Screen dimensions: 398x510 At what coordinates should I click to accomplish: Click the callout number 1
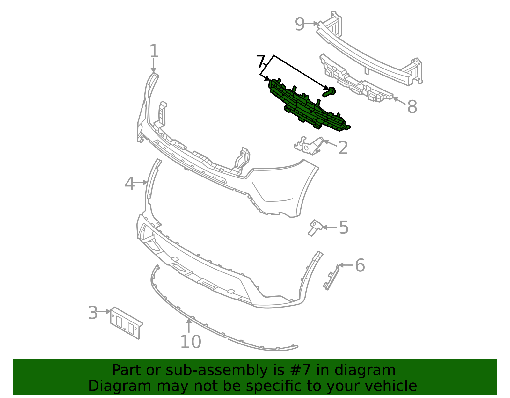(154, 51)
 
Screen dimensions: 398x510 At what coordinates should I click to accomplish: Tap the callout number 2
(343, 148)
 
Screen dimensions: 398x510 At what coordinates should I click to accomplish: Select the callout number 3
(93, 313)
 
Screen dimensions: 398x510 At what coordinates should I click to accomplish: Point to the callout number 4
(129, 184)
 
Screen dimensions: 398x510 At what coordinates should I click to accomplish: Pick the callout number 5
(344, 228)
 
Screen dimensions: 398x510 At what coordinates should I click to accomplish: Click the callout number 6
(360, 265)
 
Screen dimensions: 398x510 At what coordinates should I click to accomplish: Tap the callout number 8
(412, 107)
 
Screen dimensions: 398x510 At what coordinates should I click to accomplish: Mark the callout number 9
(300, 24)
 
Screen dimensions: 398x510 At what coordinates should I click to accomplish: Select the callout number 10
(191, 342)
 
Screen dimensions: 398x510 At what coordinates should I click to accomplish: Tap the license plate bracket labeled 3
(126, 323)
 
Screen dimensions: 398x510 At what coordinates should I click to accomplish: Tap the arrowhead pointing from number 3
(109, 312)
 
